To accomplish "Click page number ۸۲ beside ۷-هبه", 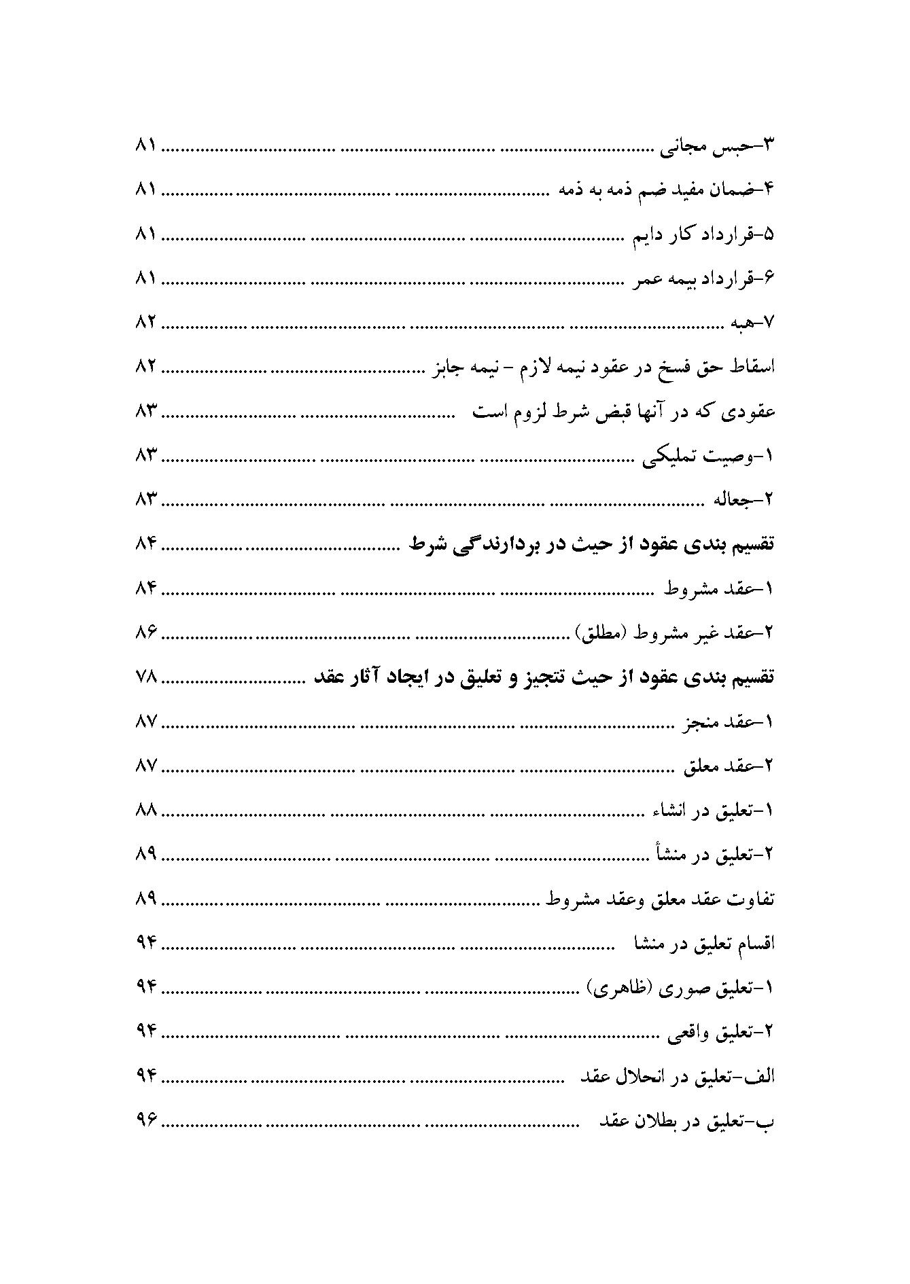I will [146, 323].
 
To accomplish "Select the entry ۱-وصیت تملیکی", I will [708, 456].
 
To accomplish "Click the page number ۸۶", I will [146, 633].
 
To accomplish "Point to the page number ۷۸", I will [146, 677].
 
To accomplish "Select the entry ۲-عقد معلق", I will [726, 766].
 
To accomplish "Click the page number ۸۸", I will [146, 810].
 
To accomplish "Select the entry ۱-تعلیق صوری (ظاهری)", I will [680, 988].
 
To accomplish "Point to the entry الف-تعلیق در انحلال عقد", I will [677, 1077].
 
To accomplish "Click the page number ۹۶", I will [146, 1122].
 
